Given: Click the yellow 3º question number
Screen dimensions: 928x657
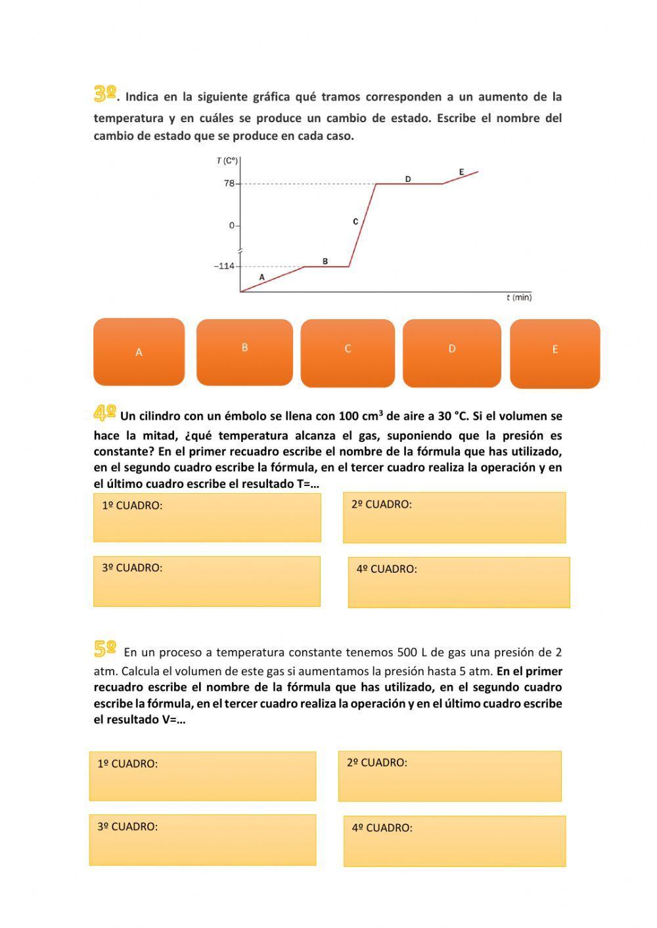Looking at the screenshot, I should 105,94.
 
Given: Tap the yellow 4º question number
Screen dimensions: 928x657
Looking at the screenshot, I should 105,413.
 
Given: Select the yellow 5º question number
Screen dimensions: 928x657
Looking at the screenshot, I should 105,650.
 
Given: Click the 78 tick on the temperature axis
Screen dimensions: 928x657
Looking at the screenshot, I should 229,183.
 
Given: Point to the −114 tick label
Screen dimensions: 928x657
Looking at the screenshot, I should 224,266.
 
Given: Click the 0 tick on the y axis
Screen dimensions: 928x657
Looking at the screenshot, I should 232,225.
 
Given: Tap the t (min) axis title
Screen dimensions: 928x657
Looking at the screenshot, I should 518,298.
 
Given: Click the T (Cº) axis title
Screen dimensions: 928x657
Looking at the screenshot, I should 227,160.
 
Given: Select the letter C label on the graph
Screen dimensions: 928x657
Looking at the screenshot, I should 355,221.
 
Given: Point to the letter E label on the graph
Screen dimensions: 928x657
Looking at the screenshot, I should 461,172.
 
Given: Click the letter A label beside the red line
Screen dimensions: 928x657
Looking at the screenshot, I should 261,277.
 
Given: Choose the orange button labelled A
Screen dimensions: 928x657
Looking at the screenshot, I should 139,352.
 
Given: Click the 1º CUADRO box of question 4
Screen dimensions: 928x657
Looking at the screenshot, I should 207,518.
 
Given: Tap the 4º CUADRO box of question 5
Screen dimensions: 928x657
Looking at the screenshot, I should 454,841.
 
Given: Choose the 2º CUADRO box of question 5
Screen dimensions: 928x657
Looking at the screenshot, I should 449,776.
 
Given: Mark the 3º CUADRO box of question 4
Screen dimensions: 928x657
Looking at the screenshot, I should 207,581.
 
